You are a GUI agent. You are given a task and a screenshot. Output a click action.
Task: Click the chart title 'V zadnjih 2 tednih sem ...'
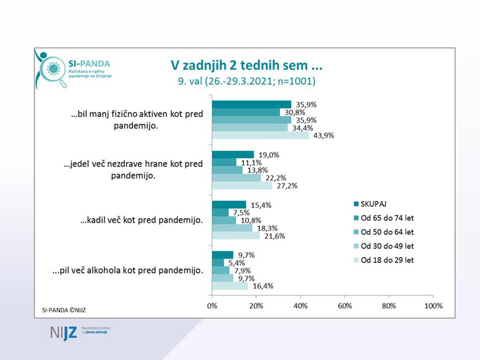click(x=246, y=66)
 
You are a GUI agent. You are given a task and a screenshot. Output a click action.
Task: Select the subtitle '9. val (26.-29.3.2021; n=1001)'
click(x=246, y=81)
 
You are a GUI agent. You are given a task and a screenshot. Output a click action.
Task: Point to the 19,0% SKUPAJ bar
click(x=233, y=155)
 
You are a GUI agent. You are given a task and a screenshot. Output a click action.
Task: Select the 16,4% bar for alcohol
click(x=230, y=286)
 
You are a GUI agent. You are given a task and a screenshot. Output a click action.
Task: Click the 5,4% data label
click(x=234, y=262)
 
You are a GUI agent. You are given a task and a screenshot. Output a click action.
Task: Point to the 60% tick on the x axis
click(x=345, y=306)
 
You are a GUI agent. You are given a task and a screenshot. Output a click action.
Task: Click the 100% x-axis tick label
click(x=433, y=306)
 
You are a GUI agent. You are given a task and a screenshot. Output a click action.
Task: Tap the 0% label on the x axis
click(x=212, y=306)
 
